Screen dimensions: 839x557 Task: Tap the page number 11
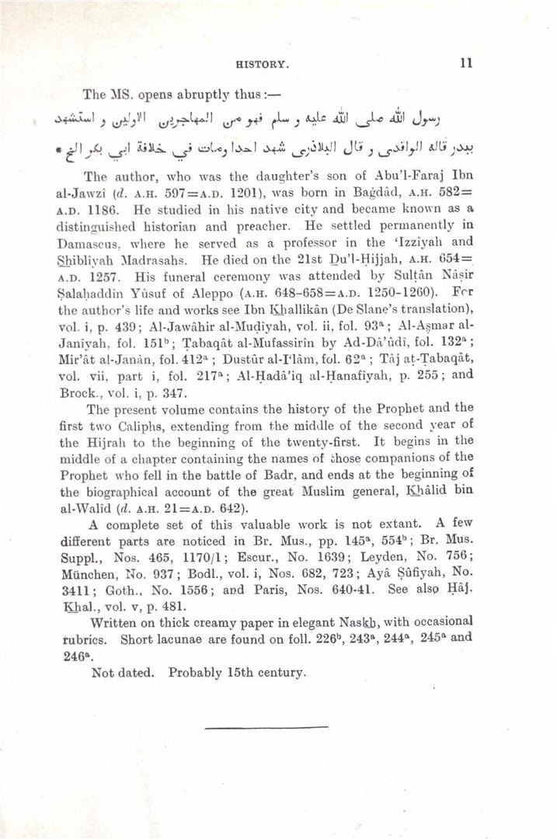[465, 64]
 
